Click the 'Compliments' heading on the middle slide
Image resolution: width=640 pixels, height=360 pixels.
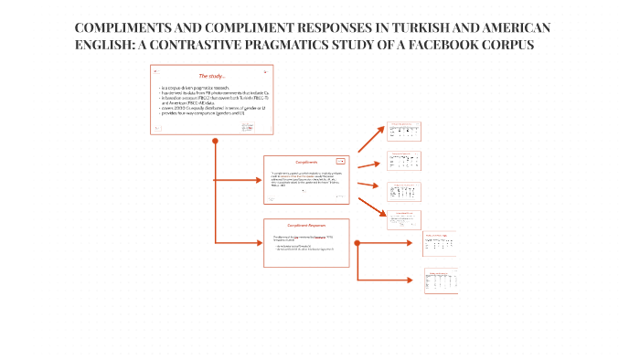click(305, 163)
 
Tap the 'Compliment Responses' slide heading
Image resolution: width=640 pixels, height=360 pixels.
click(306, 226)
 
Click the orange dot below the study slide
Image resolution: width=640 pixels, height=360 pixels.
click(215, 142)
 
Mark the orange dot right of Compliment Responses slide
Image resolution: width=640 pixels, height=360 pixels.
click(357, 243)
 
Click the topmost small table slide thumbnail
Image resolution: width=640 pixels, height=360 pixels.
click(403, 132)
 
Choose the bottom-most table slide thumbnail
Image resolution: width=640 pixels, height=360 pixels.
click(440, 281)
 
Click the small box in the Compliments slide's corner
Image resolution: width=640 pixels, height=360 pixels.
click(340, 162)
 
